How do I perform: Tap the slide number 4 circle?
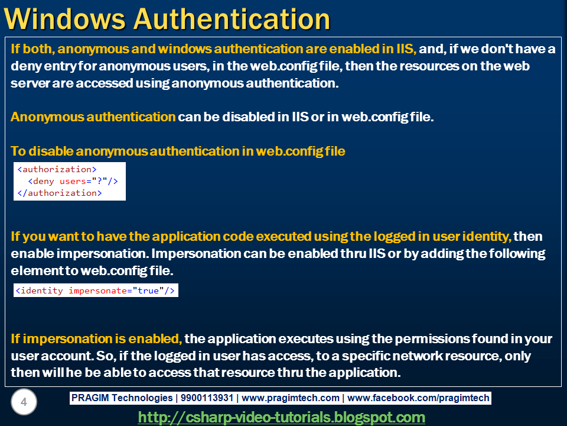[x=24, y=403]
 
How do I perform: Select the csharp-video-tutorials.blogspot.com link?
[x=281, y=417]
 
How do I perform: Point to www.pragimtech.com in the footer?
[x=291, y=398]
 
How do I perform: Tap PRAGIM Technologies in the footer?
[x=122, y=398]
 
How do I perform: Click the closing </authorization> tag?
[x=59, y=193]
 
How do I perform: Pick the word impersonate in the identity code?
[x=97, y=291]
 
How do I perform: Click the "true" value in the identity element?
[x=149, y=291]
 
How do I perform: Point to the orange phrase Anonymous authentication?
[x=93, y=117]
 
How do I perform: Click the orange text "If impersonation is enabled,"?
[x=96, y=339]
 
